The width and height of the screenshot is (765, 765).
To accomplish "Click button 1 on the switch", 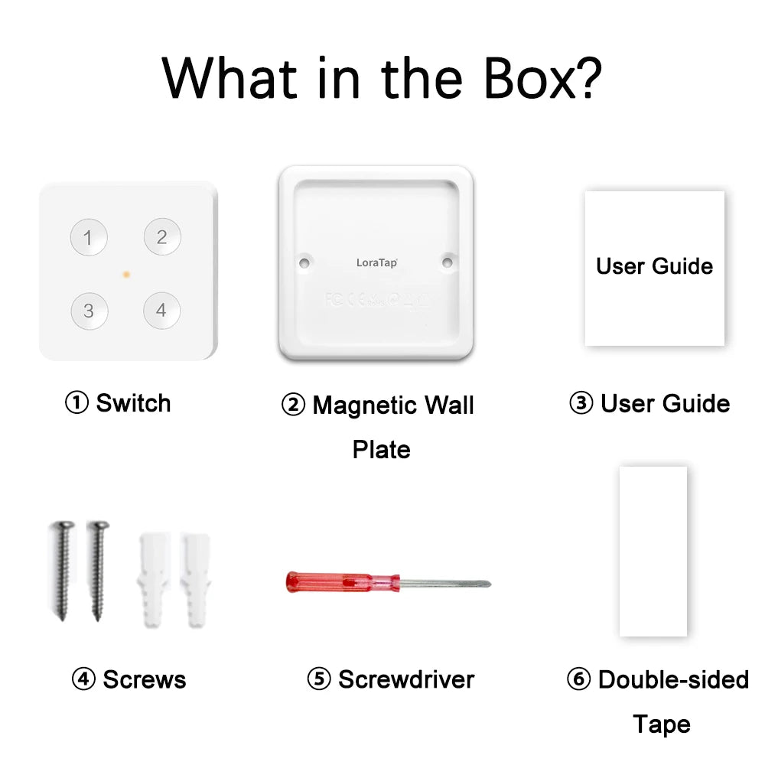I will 89,238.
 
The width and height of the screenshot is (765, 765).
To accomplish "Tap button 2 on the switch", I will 162,237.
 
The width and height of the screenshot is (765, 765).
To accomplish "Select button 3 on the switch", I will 90,311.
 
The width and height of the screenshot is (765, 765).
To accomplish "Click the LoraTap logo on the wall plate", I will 376,262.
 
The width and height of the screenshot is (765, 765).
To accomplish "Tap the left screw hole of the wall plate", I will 304,262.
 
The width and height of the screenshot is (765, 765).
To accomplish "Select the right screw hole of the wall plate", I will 448,262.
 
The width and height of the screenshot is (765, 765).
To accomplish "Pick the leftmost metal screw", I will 61,569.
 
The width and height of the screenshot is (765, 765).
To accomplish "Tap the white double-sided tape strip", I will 653,551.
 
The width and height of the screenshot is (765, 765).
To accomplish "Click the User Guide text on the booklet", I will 654,266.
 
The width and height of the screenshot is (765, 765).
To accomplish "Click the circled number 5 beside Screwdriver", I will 318,679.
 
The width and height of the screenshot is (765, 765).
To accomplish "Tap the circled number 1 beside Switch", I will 76,403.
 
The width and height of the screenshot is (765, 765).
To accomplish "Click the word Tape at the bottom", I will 662,724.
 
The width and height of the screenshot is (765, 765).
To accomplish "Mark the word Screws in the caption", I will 144,679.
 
